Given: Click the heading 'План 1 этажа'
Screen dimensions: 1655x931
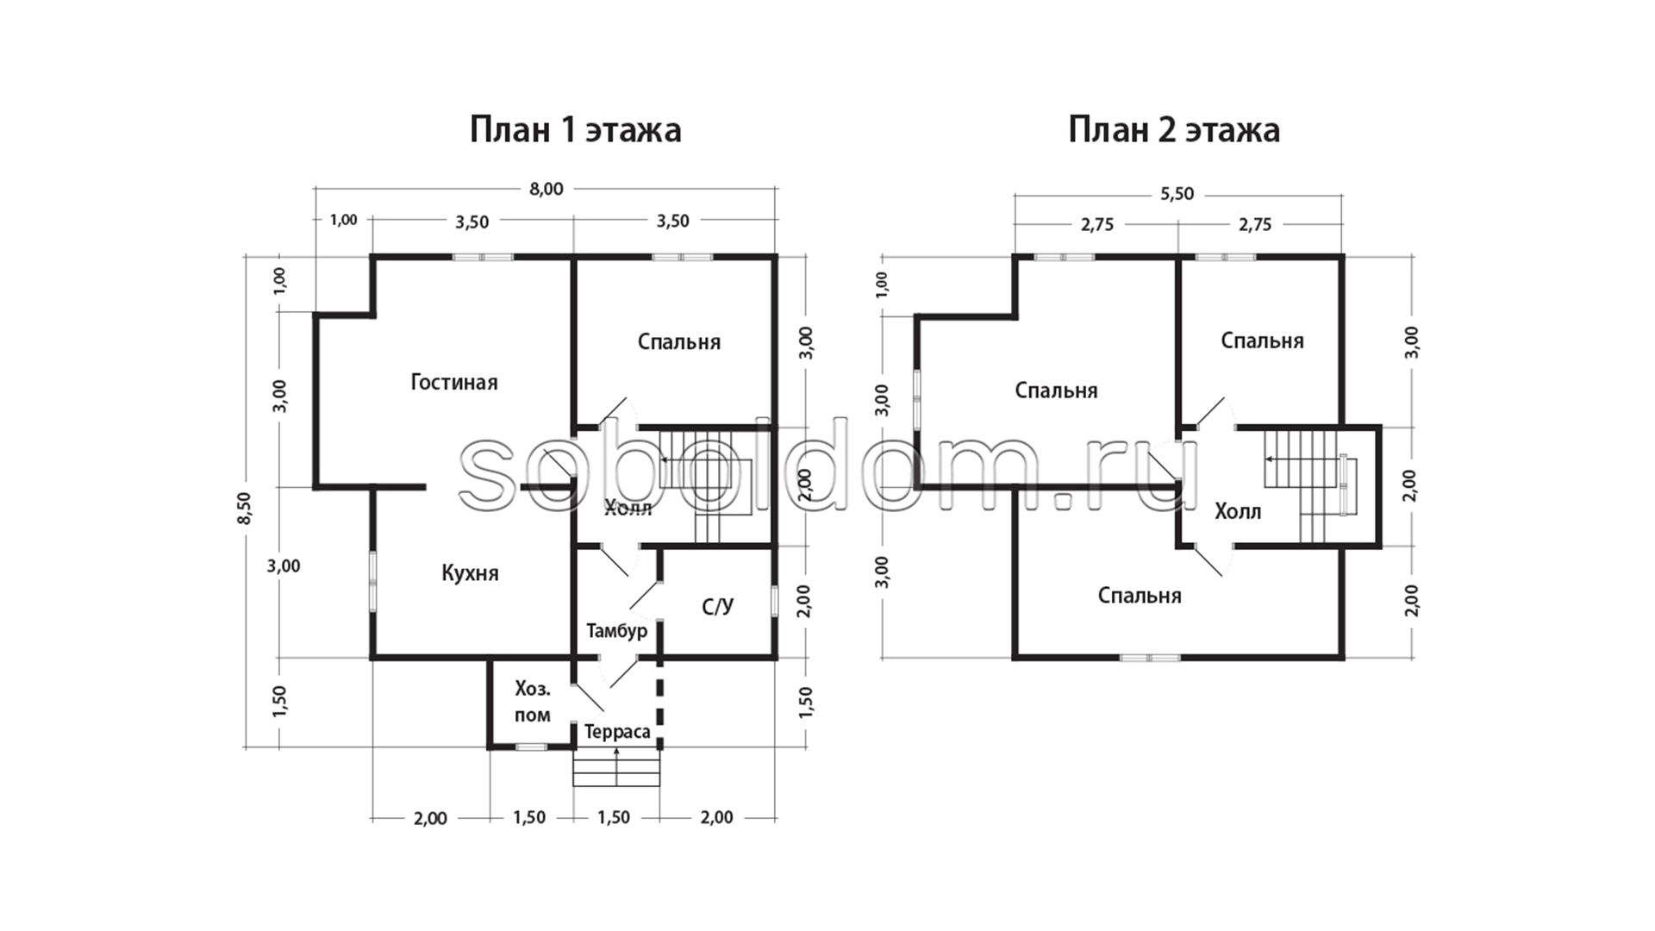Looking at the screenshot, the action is pos(575,130).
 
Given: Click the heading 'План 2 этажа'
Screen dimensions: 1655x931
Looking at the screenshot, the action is pos(1173,130).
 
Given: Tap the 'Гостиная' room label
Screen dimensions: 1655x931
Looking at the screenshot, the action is pos(454,382).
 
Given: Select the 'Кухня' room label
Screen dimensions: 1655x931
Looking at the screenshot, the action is pos(470,573).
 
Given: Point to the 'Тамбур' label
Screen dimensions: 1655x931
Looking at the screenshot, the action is pos(616,631).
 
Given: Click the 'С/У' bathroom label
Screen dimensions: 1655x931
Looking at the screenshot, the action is pos(717,607).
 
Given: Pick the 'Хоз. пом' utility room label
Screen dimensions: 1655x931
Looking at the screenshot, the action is pos(533,702).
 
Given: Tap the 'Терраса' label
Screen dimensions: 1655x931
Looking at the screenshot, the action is pos(617,732).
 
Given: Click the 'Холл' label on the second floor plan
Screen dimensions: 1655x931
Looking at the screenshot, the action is pos(1238,512).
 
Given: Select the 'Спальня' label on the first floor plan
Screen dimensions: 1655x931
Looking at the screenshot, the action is pos(679,342).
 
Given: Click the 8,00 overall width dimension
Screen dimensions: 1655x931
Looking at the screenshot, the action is pos(546,189).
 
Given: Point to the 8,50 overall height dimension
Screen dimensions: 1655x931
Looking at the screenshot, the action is pos(245,509).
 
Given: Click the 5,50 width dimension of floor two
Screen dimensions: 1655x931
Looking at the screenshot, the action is pos(1177,194).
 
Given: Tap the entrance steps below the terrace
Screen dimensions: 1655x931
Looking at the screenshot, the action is pos(617,767).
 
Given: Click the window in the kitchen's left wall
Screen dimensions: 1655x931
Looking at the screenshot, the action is pos(373,582).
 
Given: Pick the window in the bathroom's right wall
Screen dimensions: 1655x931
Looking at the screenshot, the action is pos(774,601).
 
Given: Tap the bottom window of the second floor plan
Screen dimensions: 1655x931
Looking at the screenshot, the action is pos(1150,658).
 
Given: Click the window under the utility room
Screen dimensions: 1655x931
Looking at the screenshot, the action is pos(532,747).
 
